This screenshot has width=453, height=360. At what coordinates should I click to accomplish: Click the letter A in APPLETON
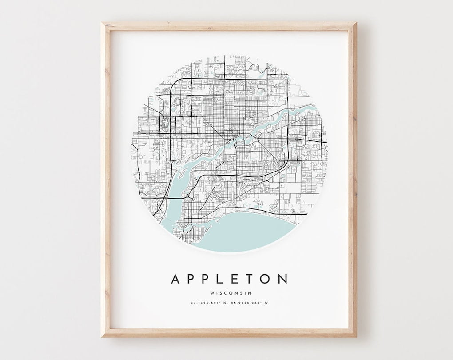pos(176,279)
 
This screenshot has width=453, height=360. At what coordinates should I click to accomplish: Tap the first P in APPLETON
pos(192,279)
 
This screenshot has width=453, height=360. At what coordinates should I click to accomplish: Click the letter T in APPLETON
pos(250,279)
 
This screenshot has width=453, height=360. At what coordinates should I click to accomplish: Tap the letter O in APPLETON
pos(266,279)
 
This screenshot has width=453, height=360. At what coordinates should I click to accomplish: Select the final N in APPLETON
pos(282,279)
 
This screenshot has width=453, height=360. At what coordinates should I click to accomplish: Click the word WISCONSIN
pos(229,293)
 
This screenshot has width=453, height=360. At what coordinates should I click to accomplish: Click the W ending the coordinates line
pos(267,303)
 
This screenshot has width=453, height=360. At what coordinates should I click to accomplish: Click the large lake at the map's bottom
pos(249,231)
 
